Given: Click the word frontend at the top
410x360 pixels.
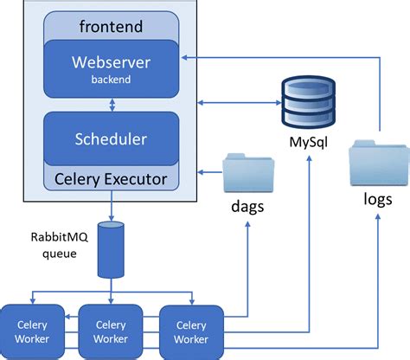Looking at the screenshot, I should point(112,26).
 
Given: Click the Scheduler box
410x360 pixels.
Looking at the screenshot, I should point(112,138).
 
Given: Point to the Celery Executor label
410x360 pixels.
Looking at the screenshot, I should point(112,180).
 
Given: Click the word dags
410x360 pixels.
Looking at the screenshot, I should point(247,208).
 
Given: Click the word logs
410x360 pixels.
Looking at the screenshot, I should point(378,199).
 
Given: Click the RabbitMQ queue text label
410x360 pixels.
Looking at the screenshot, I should point(54,247).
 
